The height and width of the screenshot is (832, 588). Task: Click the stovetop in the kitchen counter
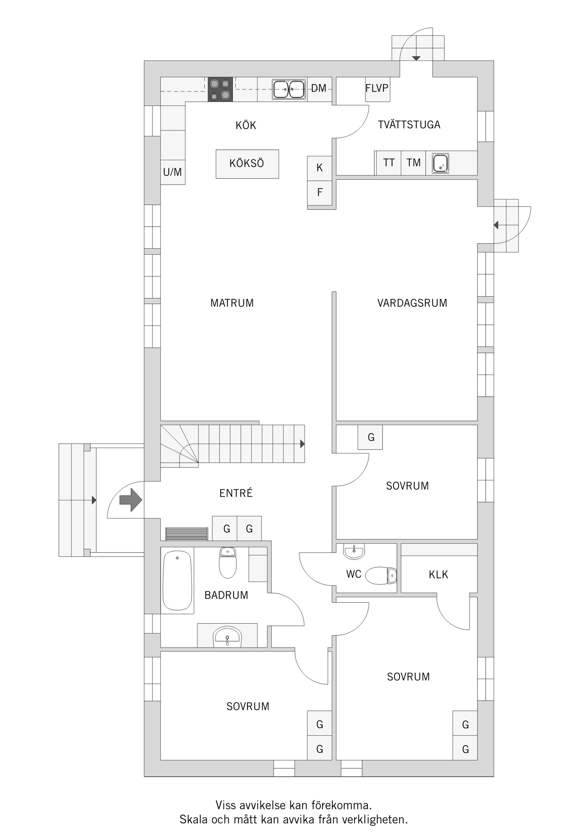[220, 89]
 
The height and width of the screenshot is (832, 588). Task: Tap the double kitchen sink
[288, 89]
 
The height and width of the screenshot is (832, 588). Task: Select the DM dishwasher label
[319, 88]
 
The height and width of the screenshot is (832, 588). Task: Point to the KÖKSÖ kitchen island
[247, 164]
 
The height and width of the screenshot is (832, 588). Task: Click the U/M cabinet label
[172, 172]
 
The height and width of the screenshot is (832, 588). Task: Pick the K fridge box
[319, 168]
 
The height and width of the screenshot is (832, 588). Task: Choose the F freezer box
[319, 192]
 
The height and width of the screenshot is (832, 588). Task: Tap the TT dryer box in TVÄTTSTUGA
[389, 163]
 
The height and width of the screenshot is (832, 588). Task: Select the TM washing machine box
[413, 163]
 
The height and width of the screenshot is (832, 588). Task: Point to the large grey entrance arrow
[130, 500]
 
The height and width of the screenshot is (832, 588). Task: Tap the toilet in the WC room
[381, 575]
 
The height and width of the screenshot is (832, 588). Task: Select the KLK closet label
[438, 575]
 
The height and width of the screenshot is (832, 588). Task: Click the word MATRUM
[232, 303]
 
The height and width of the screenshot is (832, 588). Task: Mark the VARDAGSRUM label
[412, 303]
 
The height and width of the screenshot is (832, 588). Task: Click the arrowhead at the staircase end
[303, 444]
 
